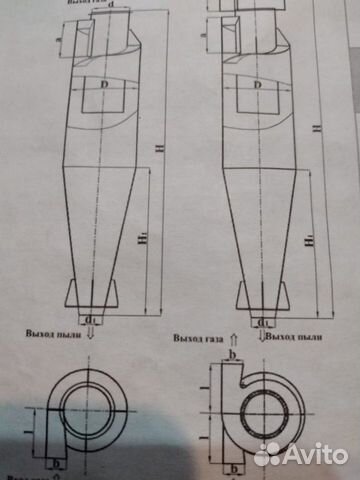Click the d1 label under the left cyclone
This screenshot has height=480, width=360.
92,321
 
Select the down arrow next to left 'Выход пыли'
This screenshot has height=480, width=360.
94,338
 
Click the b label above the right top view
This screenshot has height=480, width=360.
231,354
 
